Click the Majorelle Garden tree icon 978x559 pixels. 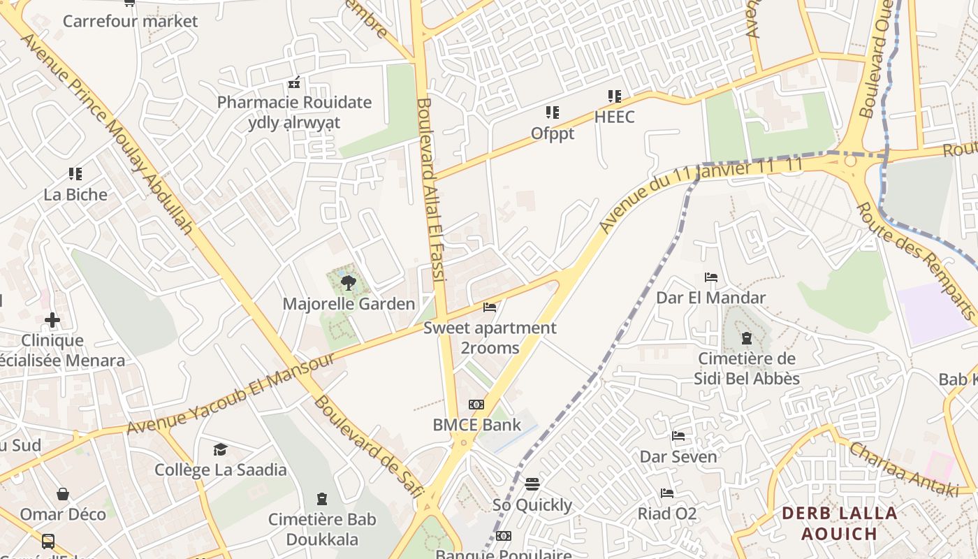coord(348,283)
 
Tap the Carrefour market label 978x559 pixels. coord(131,21)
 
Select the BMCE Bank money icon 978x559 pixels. coord(476,405)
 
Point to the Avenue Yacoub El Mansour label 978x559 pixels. coord(231,395)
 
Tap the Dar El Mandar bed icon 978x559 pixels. coord(711,277)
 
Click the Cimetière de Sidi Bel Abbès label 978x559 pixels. coord(747,369)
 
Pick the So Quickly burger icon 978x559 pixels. coord(532,484)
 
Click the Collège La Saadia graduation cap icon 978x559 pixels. coord(221,449)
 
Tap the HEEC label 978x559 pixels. coord(615,117)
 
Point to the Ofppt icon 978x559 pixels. coord(553,112)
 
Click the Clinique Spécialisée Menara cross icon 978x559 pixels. coord(52,321)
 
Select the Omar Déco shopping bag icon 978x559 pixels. coord(63,494)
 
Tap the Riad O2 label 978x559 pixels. coord(667,514)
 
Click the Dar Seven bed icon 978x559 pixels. coord(678,437)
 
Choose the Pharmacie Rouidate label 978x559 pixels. coord(294,103)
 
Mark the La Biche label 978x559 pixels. coord(75,194)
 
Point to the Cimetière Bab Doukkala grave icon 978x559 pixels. coord(322,499)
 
